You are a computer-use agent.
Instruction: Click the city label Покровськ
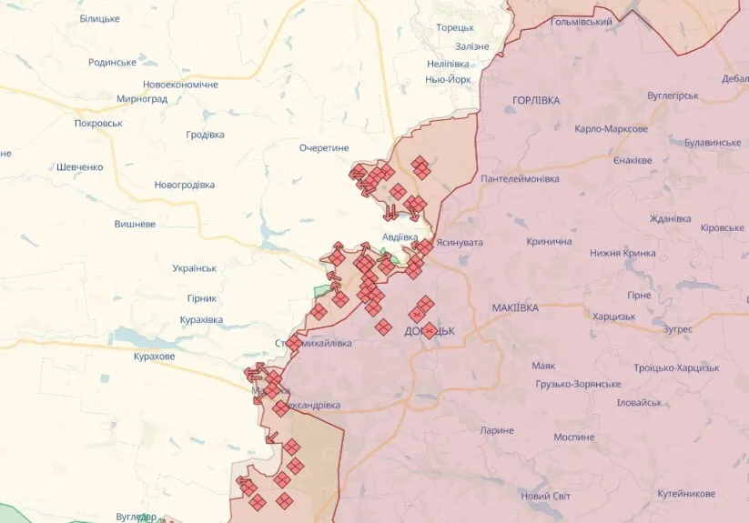(98, 123)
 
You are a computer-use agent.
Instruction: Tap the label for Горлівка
(536, 100)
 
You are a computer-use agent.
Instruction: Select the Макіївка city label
(514, 308)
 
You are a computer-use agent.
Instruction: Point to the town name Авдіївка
(400, 236)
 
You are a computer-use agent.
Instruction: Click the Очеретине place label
(324, 147)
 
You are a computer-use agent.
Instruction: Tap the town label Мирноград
(142, 99)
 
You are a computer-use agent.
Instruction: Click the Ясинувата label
(460, 243)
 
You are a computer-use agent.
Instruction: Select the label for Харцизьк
(613, 317)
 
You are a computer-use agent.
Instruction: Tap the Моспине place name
(573, 438)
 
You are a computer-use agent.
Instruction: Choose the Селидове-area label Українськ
(194, 268)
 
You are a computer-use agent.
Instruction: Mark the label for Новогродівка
(185, 185)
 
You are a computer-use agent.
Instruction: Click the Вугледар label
(137, 517)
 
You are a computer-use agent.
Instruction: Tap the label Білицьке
(99, 18)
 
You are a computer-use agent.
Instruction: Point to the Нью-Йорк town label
(448, 80)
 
